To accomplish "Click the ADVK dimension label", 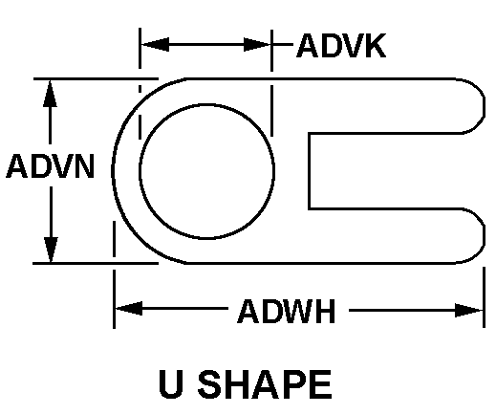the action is pos(341,46).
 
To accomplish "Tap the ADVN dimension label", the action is pos(51,166).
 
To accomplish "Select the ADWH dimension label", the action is pos(287,311).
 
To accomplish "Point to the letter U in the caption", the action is pos(171,384).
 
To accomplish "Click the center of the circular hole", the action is pos(206,171).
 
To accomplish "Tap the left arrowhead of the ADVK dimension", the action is pos(155,44).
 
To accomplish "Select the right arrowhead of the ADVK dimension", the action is pos(257,45).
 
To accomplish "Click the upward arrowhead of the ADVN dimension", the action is pos(50,94).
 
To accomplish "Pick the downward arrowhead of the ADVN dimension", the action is pos(51,250).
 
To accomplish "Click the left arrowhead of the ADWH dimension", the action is pos(129,308).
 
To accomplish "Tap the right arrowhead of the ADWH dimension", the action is pos(468,310).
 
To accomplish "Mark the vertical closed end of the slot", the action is pos(309,171).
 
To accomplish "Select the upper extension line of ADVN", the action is pos(96,78).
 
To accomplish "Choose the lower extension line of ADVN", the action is pos(96,263).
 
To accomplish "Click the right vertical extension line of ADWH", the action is pos(484,297).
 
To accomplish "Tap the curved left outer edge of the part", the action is pos(113,171).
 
